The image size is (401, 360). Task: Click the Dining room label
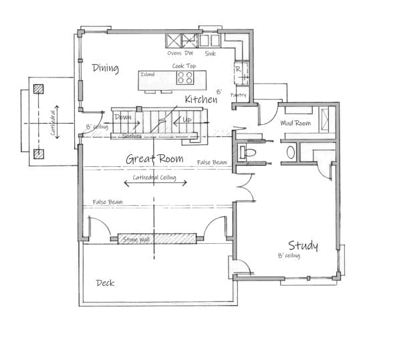105,68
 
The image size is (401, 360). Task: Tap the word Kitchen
200,100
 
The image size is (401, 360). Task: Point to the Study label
303,245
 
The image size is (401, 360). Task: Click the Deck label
104,283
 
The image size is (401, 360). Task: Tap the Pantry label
238,96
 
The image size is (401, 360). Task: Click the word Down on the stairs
123,117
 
